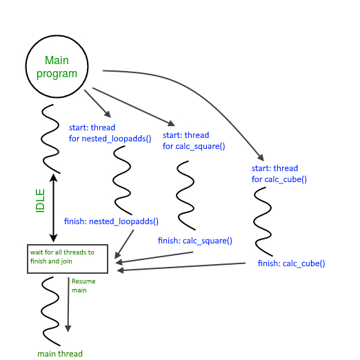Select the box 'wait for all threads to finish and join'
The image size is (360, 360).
coord(67,258)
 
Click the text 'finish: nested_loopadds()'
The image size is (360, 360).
coord(111,221)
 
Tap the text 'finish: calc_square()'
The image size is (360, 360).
coord(194,241)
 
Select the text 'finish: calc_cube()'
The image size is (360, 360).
coord(291,263)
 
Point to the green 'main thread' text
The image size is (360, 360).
coord(60,354)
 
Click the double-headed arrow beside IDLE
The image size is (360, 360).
coord(54,207)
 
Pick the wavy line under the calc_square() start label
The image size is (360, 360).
coord(184,196)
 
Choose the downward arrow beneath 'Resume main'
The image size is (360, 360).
coord(68,307)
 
